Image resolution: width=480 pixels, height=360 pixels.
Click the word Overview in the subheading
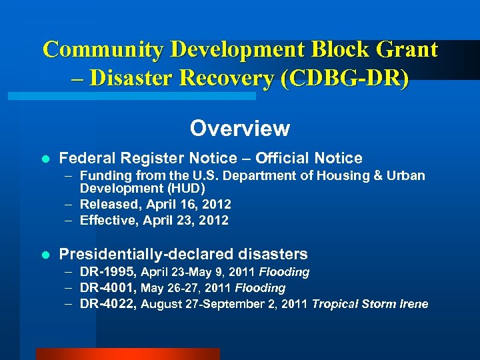(239, 128)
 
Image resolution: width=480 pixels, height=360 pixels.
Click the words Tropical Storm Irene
(370, 304)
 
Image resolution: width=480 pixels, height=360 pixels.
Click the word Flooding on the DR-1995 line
(284, 272)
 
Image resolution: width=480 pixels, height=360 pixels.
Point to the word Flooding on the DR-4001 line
(260, 288)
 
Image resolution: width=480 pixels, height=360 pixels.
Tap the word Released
(107, 204)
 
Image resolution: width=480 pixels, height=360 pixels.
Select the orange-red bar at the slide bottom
(127, 354)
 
